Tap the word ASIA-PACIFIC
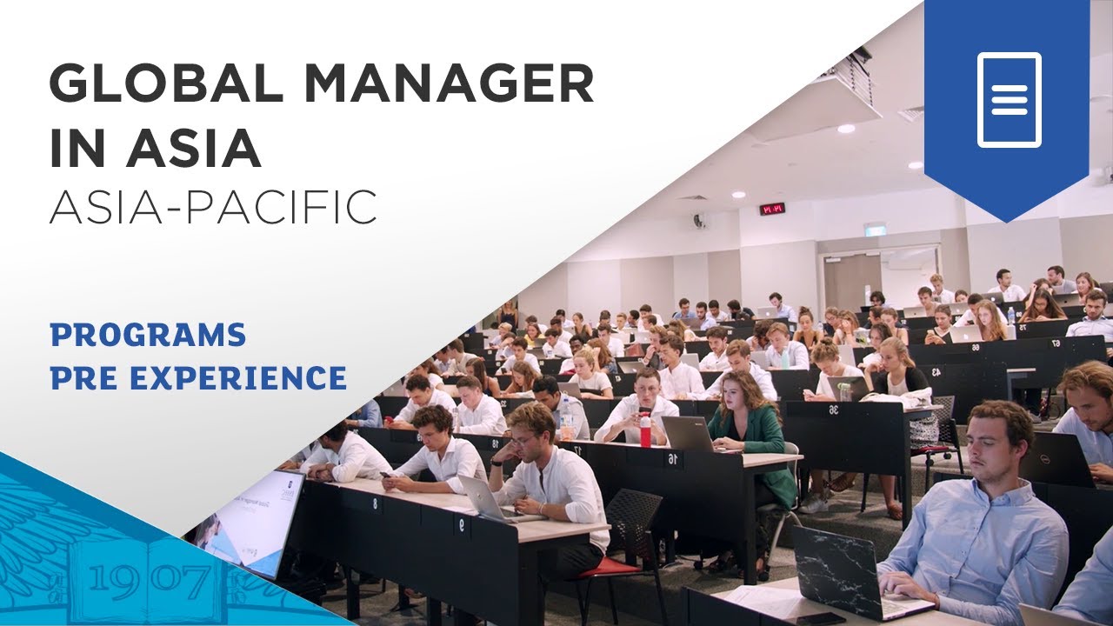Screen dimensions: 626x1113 coord(213,206)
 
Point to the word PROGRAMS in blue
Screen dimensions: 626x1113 coord(148,334)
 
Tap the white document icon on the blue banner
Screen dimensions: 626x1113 coord(1009,99)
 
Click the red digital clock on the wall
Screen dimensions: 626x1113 coord(771,209)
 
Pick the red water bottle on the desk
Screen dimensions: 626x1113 coord(645,429)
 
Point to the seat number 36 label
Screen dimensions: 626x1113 coord(833,410)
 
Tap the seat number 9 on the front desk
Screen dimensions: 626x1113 coord(461,524)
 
